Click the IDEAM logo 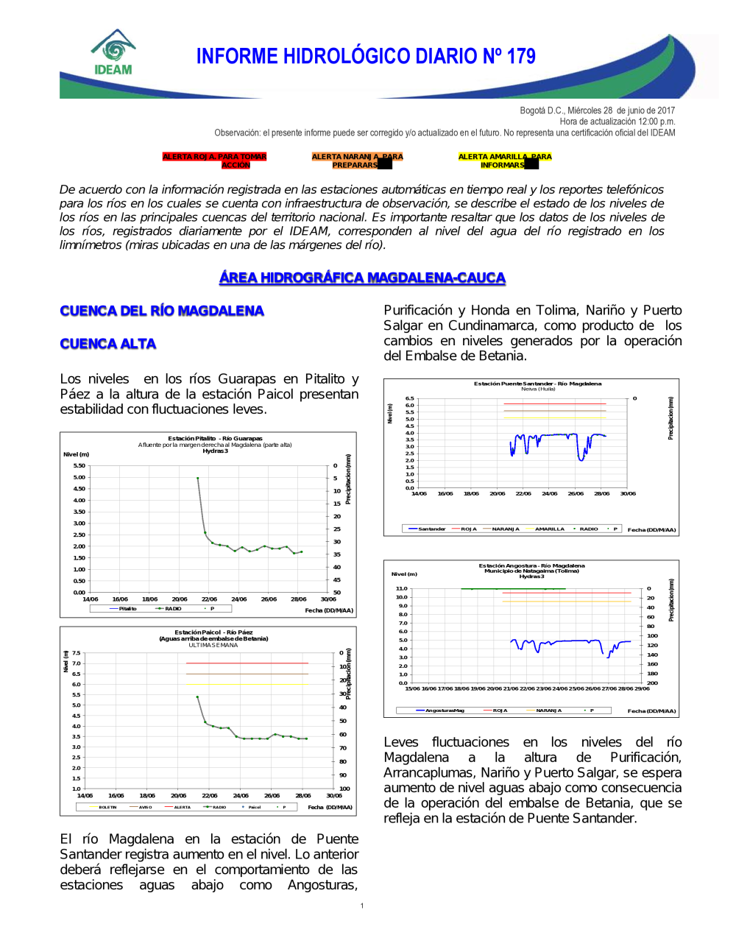[113, 53]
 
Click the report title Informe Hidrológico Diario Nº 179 [366, 57]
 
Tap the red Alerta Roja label [214, 161]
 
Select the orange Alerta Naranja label [357, 161]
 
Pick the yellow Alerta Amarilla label [504, 161]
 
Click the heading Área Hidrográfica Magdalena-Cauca [362, 278]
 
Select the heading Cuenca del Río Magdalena [162, 311]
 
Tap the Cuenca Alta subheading [108, 344]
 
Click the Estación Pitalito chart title [215, 438]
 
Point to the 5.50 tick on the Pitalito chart [79, 465]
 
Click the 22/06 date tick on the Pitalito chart [209, 599]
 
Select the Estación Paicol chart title [213, 632]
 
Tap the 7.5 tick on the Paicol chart [77, 653]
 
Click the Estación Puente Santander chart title [537, 384]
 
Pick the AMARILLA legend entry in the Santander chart [550, 529]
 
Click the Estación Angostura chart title [531, 565]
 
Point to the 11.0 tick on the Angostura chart [401, 588]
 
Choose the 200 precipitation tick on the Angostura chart [652, 683]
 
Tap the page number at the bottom [362, 906]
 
